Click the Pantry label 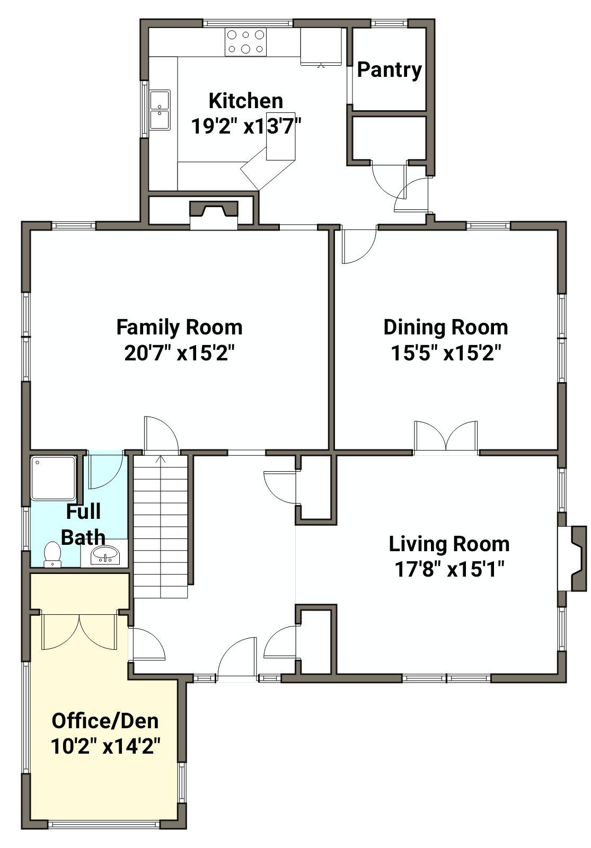point(389,70)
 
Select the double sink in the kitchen point(160,110)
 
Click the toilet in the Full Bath point(52,554)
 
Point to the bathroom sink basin point(105,555)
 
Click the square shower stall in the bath point(54,478)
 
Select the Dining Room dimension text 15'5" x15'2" point(446,354)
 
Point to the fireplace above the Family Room point(214,215)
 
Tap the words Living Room point(449,544)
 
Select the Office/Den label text point(105,721)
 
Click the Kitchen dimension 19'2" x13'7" point(246,126)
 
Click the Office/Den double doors point(80,632)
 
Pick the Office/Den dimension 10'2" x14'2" point(105,747)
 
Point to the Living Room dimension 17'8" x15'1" point(449,569)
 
